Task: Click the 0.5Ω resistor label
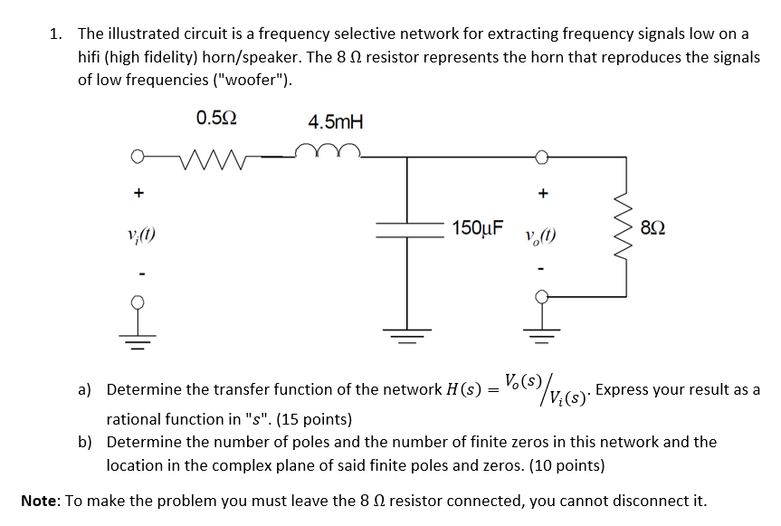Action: click(216, 118)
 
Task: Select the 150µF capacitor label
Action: click(480, 226)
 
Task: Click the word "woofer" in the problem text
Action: click(262, 80)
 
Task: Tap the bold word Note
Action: click(42, 500)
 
